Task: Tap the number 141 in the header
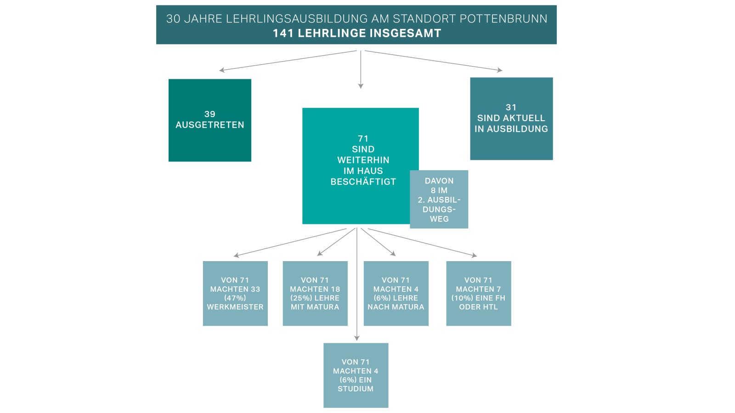point(283,33)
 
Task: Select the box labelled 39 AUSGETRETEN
point(209,120)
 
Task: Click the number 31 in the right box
point(511,107)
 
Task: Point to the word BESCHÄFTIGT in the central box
point(363,182)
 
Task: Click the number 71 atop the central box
point(363,139)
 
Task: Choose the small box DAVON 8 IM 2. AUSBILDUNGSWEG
point(439,200)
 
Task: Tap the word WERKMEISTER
point(235,307)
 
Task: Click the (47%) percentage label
point(235,298)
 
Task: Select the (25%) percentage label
point(301,298)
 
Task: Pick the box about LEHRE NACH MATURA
point(396,293)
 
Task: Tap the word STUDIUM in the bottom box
point(356,389)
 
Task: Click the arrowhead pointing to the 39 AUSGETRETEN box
point(222,70)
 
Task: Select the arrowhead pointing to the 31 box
point(500,70)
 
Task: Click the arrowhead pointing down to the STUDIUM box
point(357,338)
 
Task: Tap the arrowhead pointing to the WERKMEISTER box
point(236,255)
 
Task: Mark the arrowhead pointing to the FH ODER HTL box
point(475,255)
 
